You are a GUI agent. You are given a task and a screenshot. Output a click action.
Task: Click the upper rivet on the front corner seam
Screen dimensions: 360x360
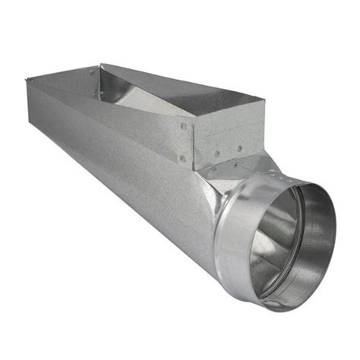[183, 125]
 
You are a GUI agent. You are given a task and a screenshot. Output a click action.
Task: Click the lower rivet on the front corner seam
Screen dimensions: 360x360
[182, 158]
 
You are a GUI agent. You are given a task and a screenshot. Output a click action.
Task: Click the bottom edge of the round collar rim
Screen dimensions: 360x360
[281, 308]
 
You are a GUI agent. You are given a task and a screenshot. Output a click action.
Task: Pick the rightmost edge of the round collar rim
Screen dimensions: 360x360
[335, 228]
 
